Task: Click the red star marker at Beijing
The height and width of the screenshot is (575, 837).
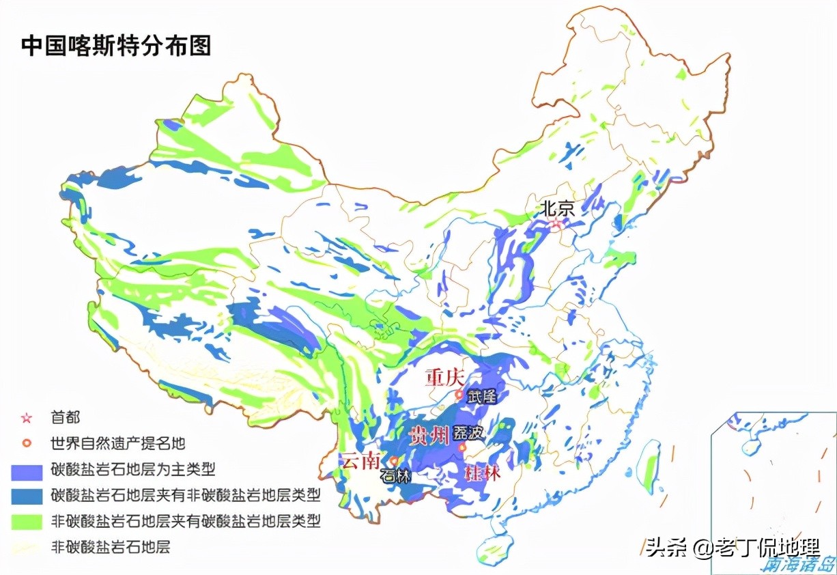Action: point(556,223)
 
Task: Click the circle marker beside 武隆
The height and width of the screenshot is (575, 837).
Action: point(460,395)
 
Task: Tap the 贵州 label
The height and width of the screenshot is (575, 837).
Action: point(429,435)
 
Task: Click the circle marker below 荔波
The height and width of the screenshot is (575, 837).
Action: point(463,448)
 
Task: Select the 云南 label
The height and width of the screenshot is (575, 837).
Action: point(361,461)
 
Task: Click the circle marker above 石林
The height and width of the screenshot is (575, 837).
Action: point(394,461)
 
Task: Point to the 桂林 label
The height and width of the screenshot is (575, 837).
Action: point(482,473)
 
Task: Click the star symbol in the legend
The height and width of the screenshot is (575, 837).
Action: point(27,417)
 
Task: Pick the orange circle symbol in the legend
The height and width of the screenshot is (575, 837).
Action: point(27,443)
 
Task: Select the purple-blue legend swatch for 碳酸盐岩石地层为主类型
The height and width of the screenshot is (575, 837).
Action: point(27,470)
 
